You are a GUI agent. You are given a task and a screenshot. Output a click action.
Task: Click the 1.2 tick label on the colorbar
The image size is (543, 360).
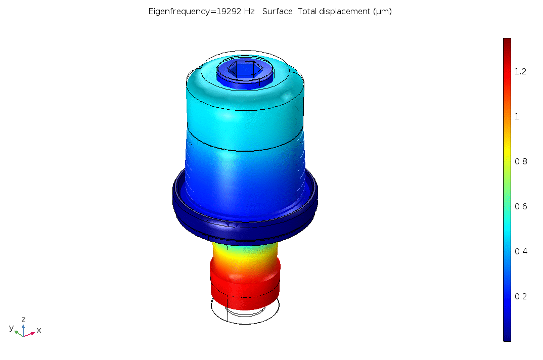point(520,71)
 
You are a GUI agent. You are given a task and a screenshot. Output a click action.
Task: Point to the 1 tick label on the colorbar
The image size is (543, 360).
point(517,116)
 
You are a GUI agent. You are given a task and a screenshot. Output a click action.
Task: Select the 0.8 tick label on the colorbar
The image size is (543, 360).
point(520,161)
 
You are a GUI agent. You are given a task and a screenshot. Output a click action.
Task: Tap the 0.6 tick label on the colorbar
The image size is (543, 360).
point(520,206)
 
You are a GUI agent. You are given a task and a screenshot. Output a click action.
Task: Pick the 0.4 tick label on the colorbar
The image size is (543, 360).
point(520,251)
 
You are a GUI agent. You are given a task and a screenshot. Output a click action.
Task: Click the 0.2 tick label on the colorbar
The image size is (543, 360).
point(520,296)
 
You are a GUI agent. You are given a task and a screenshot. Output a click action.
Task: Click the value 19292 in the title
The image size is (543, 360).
point(229,12)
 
